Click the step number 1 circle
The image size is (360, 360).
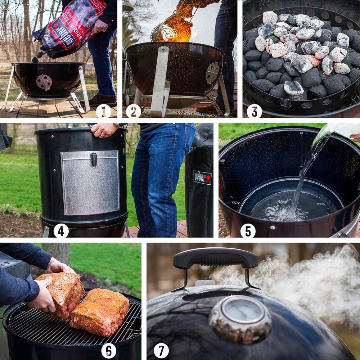click(103, 111)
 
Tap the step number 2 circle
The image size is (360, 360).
click(133, 111)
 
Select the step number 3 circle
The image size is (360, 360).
click(254, 111)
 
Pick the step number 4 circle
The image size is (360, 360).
click(61, 231)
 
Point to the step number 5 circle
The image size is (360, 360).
click(248, 231)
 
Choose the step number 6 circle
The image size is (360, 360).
click(109, 350)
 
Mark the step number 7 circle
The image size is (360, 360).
click(161, 350)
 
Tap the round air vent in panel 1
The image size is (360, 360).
click(44, 82)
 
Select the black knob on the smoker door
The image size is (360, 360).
click(94, 159)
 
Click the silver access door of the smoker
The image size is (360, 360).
click(90, 184)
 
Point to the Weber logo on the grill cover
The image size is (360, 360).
click(202, 177)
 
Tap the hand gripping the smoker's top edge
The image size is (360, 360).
click(103, 130)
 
